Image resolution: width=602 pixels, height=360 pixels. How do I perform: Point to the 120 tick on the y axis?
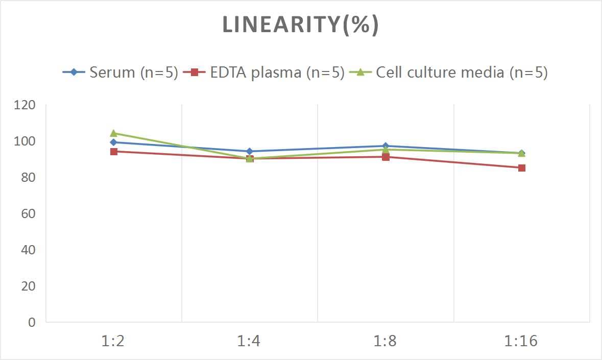[x=25, y=105]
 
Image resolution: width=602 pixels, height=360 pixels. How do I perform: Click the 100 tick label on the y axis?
[x=25, y=141]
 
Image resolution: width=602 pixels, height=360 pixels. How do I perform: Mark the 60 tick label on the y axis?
[x=29, y=213]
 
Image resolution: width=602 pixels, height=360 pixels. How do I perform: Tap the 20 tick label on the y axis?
[x=29, y=286]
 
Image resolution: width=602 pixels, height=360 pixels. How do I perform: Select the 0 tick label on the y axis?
[x=32, y=322]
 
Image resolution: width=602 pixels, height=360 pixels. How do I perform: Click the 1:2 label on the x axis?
[x=113, y=341]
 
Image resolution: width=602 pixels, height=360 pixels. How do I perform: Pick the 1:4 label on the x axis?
[x=249, y=341]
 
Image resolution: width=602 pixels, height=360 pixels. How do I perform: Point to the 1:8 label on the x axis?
[x=386, y=341]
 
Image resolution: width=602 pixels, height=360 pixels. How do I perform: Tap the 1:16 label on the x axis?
[x=521, y=341]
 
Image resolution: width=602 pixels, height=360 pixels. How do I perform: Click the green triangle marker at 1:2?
[x=114, y=133]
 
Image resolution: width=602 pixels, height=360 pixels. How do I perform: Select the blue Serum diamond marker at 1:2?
[x=114, y=142]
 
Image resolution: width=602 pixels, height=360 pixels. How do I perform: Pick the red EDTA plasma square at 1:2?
[x=114, y=152]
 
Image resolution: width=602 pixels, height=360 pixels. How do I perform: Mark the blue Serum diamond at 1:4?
[x=250, y=151]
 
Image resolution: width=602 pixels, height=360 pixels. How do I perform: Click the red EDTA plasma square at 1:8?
[x=386, y=157]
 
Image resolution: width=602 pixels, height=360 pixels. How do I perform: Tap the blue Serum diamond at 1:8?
[x=386, y=146]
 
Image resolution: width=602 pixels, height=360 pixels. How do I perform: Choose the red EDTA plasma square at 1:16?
[x=522, y=168]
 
